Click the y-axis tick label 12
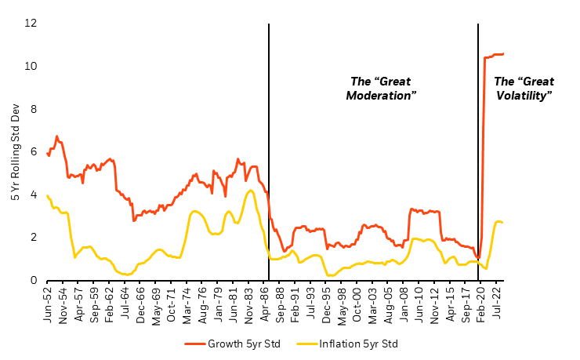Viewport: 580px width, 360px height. point(30,24)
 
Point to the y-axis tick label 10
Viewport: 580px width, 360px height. point(30,66)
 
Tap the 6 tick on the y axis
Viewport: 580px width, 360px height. point(32,151)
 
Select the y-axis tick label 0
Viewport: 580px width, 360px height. point(32,280)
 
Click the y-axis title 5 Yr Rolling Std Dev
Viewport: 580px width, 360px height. point(15,151)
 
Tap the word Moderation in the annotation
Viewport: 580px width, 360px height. point(380,95)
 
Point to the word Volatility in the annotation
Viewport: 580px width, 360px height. point(524,95)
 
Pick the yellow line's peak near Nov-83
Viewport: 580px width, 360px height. point(250,190)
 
